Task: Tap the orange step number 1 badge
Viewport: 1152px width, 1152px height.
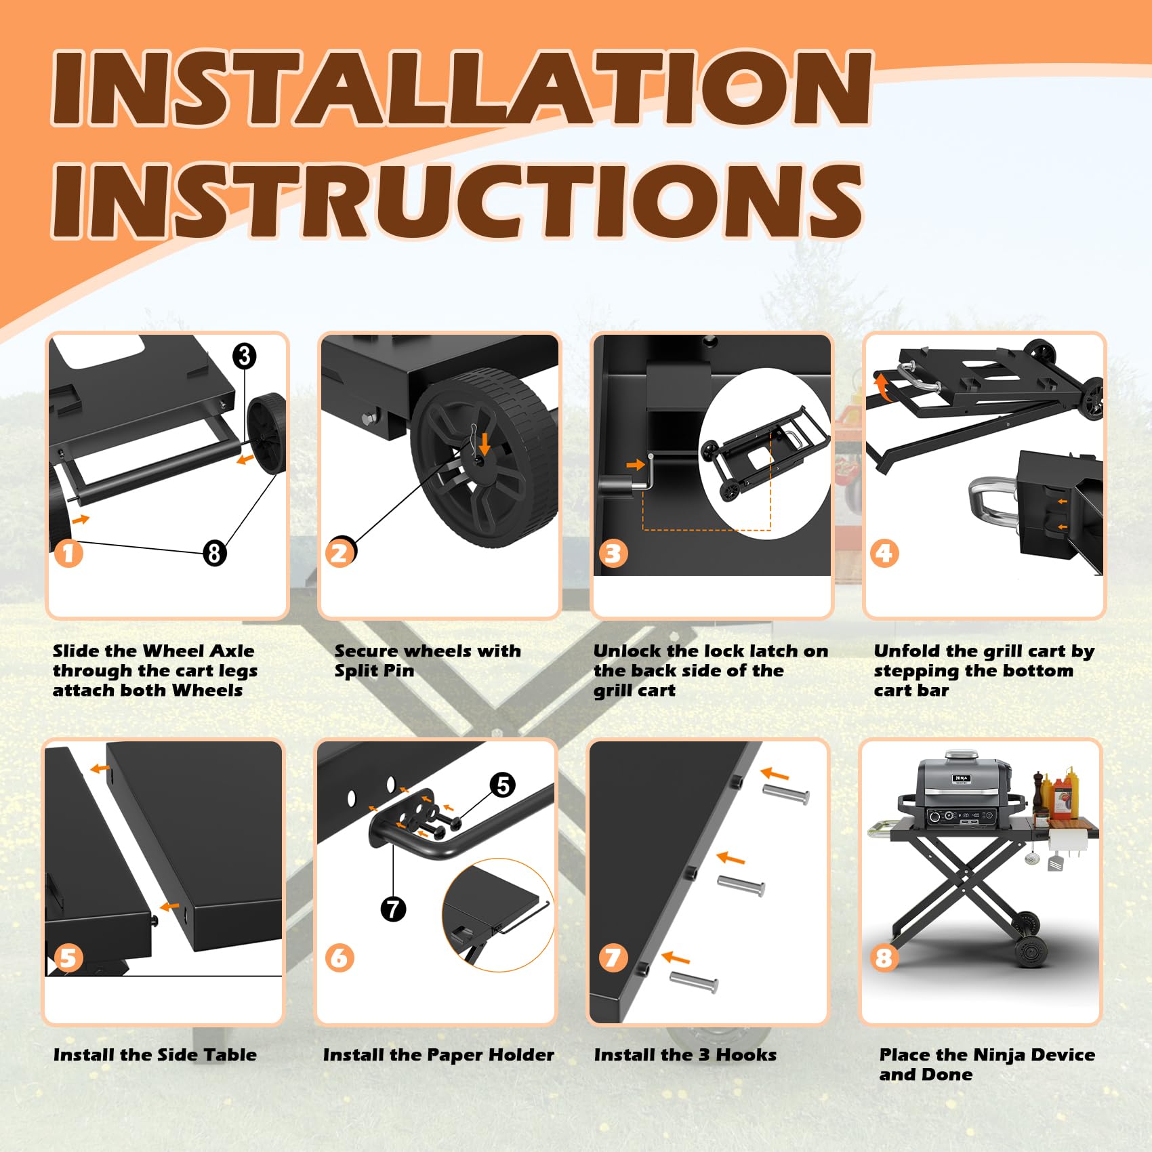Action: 68,553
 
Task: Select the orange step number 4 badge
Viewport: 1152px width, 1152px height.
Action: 884,553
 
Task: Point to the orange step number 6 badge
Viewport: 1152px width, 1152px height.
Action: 340,958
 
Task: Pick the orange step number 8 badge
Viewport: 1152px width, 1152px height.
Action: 884,958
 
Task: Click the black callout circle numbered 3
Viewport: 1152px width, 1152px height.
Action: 245,356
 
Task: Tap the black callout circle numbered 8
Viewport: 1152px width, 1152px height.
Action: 215,553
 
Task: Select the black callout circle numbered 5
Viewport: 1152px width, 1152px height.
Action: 503,785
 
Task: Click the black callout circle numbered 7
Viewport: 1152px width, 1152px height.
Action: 393,909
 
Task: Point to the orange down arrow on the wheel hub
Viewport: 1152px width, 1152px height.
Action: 484,443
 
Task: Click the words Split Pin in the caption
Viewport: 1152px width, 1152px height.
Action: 374,671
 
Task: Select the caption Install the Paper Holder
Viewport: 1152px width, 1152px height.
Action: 438,1055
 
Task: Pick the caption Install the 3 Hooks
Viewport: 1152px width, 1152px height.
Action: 685,1055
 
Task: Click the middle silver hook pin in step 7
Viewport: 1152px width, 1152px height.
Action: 741,884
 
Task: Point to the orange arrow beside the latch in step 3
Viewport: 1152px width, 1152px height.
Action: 636,465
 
